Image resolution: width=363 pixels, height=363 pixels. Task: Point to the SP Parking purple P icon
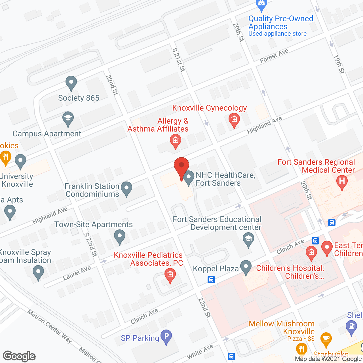click(x=166, y=336)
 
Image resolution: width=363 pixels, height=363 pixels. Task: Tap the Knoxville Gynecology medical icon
click(x=234, y=120)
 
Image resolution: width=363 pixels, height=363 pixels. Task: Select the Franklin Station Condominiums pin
click(x=126, y=188)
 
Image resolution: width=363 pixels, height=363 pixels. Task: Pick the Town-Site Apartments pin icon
click(x=119, y=236)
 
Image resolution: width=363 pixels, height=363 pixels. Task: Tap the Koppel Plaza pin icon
click(x=246, y=267)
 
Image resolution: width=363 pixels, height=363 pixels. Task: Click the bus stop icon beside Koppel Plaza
click(x=211, y=280)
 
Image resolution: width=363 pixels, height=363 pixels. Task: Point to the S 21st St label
click(x=179, y=60)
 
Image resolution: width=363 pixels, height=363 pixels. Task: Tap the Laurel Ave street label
click(x=77, y=273)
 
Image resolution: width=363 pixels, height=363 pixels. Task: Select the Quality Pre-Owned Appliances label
click(x=280, y=23)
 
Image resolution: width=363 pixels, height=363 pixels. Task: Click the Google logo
click(x=19, y=356)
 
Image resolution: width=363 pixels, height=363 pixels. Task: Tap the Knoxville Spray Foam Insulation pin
click(x=38, y=272)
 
